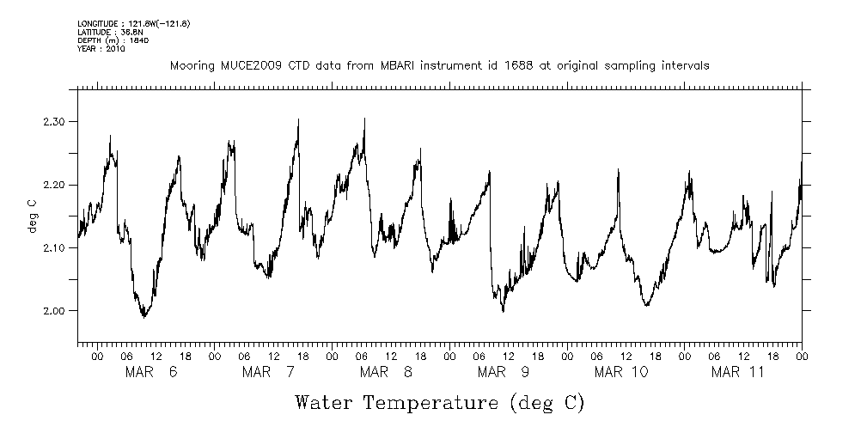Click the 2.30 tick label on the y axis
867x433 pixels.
[54, 122]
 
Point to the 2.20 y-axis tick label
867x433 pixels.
[54, 185]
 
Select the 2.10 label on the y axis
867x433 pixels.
[54, 247]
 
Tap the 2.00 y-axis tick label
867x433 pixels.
[54, 310]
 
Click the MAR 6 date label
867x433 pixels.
[151, 372]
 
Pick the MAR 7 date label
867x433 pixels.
[268, 372]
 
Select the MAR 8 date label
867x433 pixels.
[386, 372]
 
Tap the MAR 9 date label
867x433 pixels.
[504, 372]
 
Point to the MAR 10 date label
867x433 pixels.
[621, 372]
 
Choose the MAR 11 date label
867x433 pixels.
[738, 372]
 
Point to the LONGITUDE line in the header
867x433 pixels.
[133, 23]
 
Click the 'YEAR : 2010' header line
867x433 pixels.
[101, 49]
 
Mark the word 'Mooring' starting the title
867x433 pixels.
[191, 65]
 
